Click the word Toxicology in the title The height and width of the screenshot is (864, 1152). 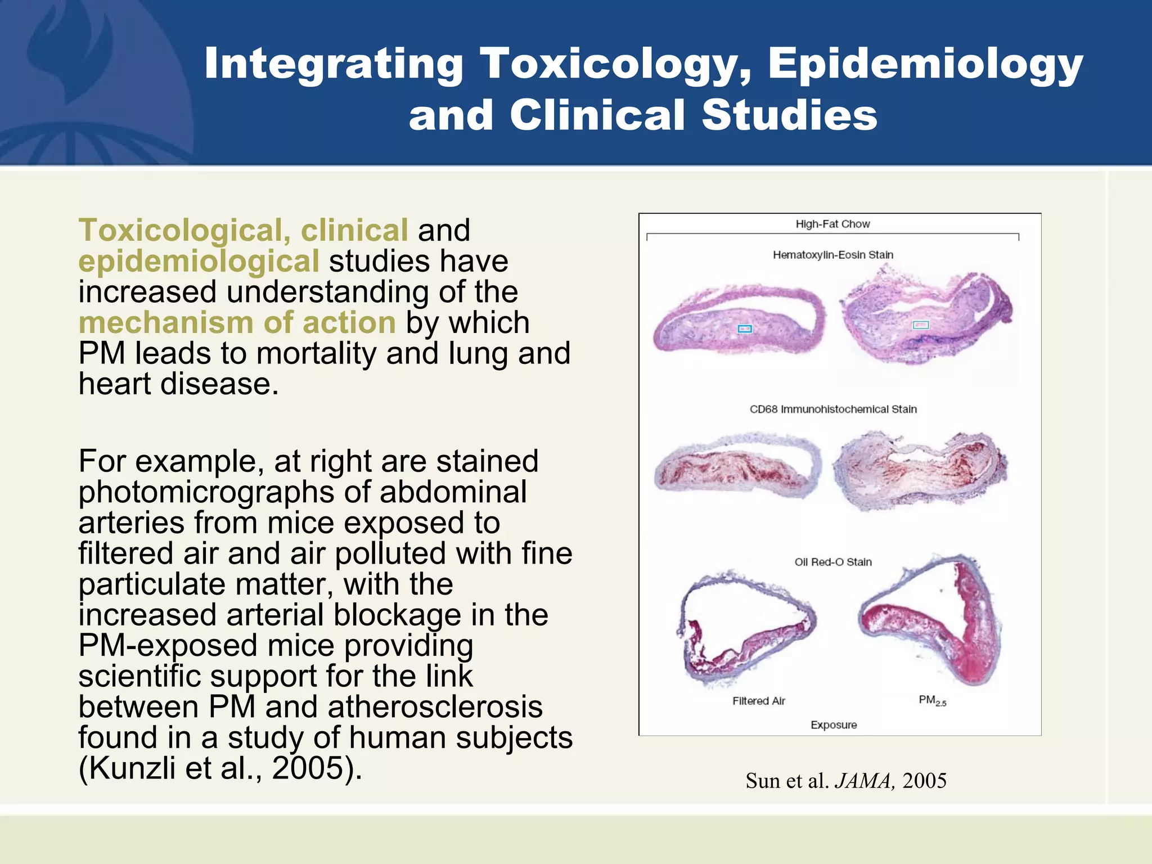[x=615, y=63]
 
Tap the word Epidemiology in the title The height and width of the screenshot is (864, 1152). [x=925, y=63]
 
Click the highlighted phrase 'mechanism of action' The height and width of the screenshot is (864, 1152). [x=237, y=322]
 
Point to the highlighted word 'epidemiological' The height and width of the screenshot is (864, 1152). [x=199, y=261]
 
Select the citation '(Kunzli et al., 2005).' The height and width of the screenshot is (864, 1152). [x=220, y=768]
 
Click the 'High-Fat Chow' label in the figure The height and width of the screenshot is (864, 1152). [x=832, y=224]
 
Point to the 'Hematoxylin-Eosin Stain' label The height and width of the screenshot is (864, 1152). [x=833, y=255]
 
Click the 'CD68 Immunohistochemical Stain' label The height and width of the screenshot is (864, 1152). [x=833, y=409]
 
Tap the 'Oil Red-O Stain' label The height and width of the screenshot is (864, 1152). [x=833, y=562]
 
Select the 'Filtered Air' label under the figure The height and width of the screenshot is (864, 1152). [x=759, y=701]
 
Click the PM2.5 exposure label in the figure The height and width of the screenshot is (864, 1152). [x=932, y=701]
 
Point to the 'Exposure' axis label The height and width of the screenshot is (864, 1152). [x=834, y=725]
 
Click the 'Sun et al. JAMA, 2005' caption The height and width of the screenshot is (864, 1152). [x=846, y=781]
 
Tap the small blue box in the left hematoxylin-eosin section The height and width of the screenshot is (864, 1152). [x=744, y=329]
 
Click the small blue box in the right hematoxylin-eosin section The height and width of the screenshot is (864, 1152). [x=920, y=325]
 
